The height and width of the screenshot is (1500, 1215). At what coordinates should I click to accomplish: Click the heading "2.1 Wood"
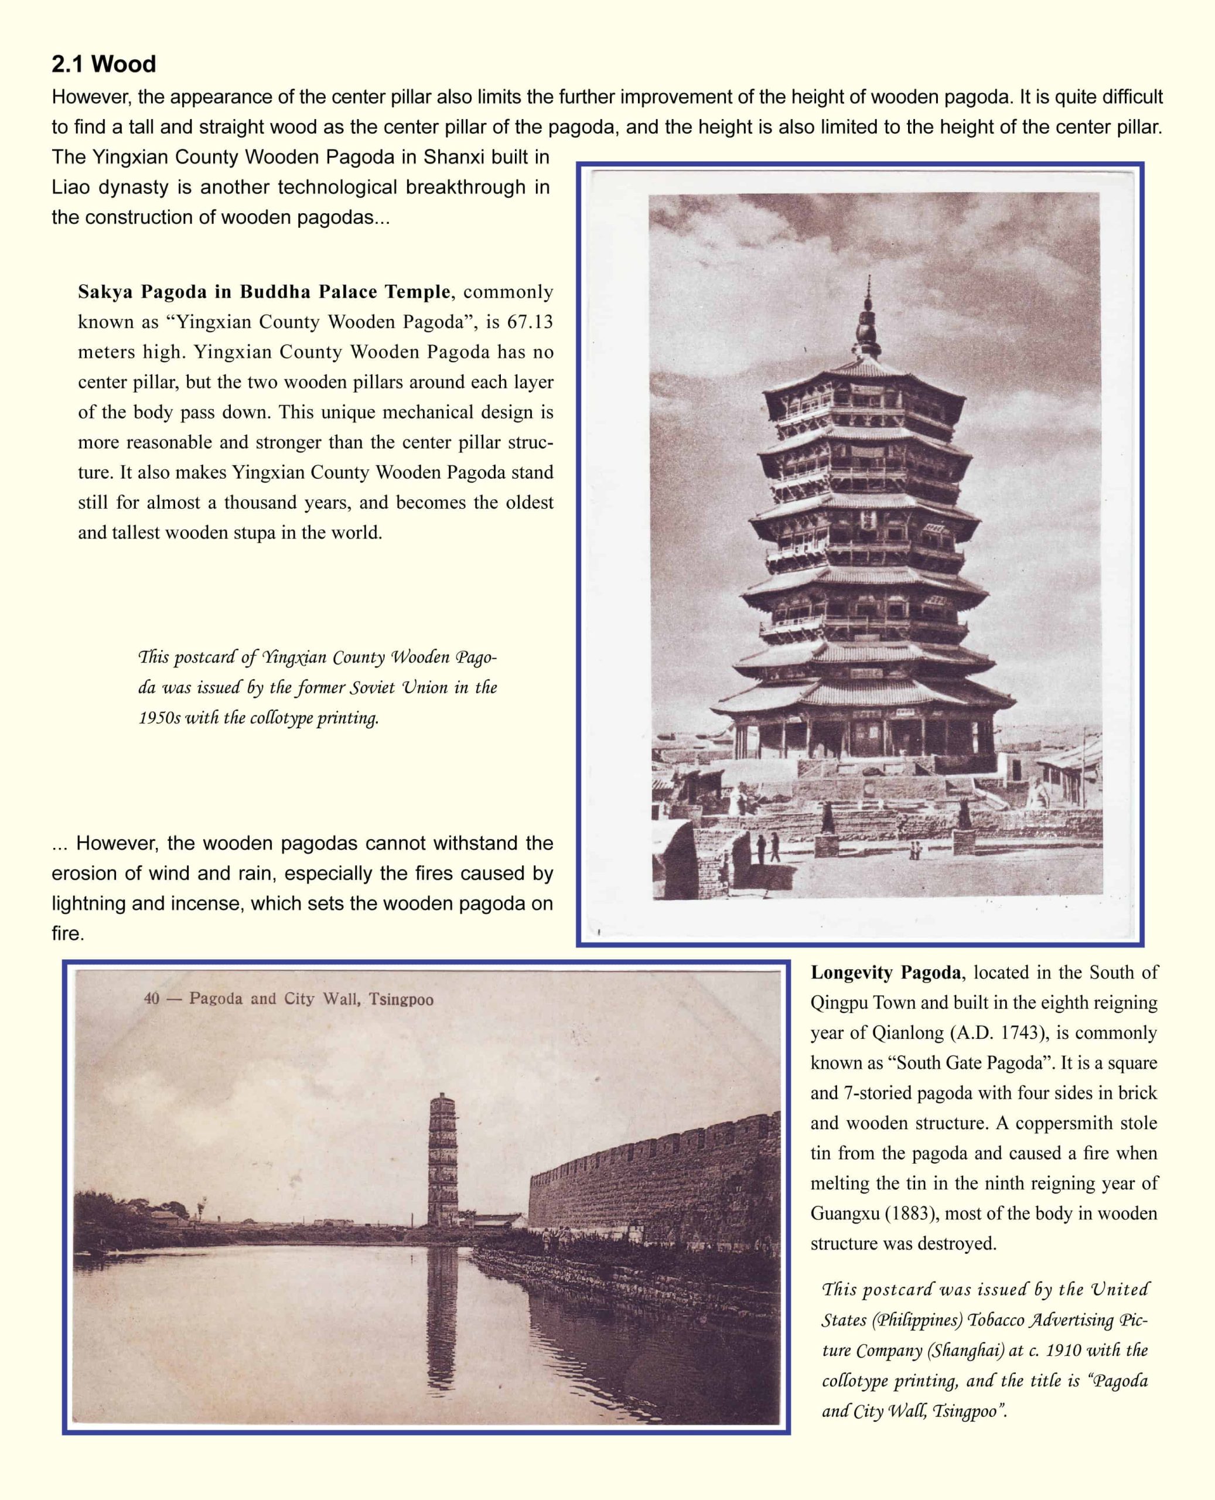104,64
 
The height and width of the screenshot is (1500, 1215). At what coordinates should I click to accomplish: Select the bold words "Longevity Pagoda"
887,972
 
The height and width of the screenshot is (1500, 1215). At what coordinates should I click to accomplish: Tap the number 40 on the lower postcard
151,999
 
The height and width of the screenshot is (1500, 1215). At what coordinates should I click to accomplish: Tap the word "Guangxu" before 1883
844,1213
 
